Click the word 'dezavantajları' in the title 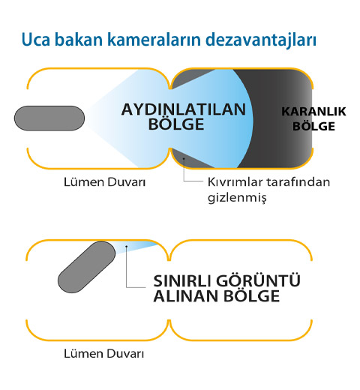[261, 40]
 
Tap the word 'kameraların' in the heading [154, 39]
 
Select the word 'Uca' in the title [36, 40]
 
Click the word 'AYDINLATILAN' [184, 109]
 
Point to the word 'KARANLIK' [313, 112]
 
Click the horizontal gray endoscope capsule [49, 118]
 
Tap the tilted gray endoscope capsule [86, 267]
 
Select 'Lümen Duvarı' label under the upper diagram [104, 182]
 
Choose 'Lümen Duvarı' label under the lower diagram [104, 354]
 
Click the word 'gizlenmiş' [237, 198]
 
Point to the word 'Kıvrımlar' [235, 182]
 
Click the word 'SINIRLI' [182, 280]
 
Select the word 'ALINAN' [186, 296]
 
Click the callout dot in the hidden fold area [184, 158]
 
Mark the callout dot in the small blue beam [127, 247]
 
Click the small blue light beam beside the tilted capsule [133, 247]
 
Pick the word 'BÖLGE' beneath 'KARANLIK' [313, 126]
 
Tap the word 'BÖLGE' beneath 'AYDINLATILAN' [176, 124]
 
